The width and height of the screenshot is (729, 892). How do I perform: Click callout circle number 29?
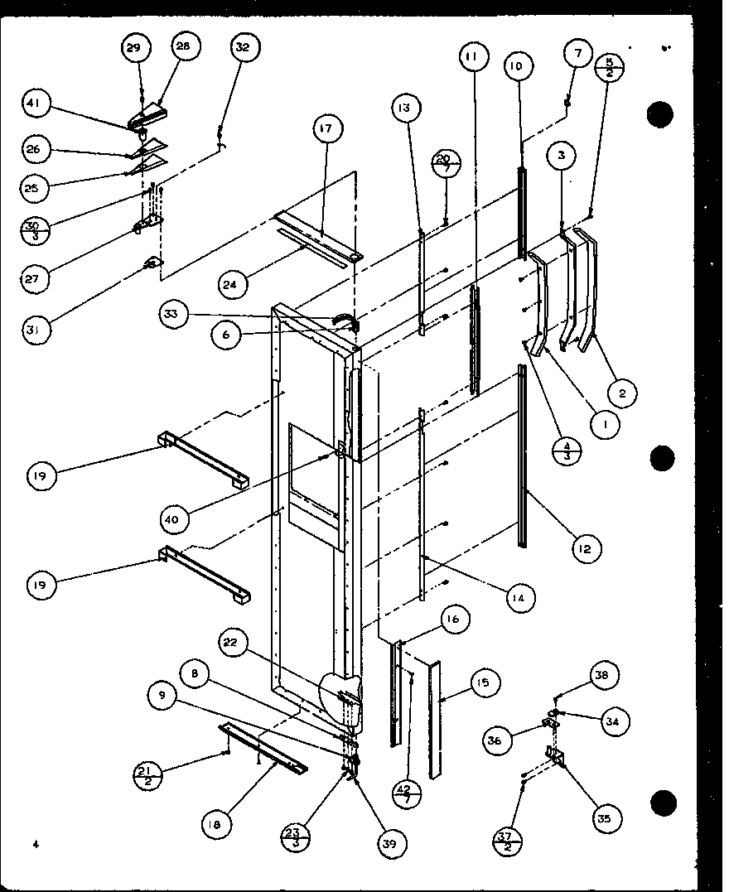pyautogui.click(x=133, y=48)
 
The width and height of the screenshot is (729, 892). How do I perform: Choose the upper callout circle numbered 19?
pyautogui.click(x=40, y=475)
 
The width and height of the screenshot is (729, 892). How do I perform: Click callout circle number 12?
pyautogui.click(x=586, y=548)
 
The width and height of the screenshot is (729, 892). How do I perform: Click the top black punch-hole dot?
pyautogui.click(x=660, y=115)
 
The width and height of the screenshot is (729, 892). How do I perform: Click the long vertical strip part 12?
pyautogui.click(x=522, y=456)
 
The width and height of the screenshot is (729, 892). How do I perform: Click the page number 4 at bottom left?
pyautogui.click(x=36, y=844)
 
